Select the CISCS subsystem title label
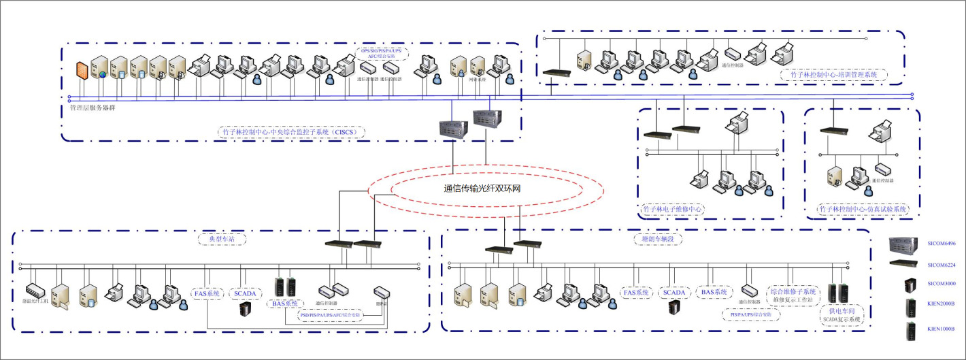click(x=293, y=132)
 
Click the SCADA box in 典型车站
click(x=244, y=293)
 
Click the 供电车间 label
click(x=842, y=310)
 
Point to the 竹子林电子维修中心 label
click(x=673, y=210)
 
